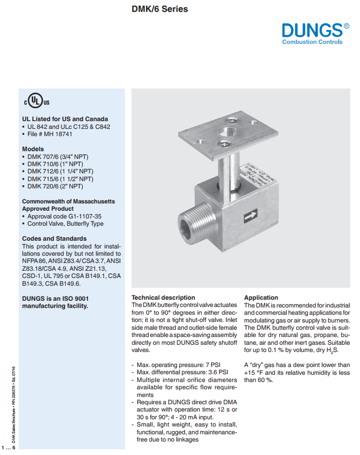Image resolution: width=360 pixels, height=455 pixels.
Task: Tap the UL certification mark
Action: [x=35, y=100]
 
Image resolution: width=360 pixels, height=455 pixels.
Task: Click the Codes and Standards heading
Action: [x=54, y=239]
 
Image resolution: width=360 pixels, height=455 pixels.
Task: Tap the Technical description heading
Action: [x=163, y=298]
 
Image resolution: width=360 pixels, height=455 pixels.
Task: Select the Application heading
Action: [x=261, y=298]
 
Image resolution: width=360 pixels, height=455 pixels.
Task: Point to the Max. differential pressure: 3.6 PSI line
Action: [x=182, y=372]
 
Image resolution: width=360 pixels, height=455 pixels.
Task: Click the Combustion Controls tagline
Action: [x=312, y=42]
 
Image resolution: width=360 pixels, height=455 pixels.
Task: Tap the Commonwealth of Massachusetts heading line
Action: [x=68, y=201]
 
